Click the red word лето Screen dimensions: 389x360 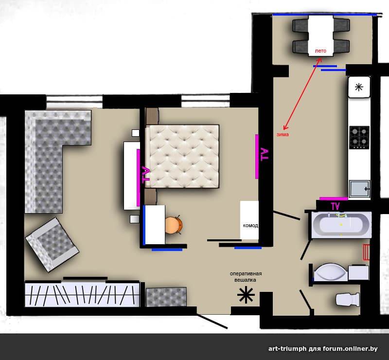click(320, 51)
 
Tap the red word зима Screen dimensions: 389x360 click(283, 135)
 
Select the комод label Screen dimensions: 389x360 click(250, 225)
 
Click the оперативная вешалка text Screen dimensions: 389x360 click(246, 277)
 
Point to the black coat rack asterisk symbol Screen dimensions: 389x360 click(246, 295)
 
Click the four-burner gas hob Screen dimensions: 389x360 click(359, 138)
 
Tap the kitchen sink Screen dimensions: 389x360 click(359, 189)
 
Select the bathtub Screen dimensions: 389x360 click(341, 225)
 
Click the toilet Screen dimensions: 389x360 click(348, 299)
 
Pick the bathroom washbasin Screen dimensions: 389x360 click(330, 272)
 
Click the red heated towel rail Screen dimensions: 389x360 click(367, 252)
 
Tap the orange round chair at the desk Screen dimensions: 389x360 click(174, 225)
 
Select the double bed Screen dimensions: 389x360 click(182, 156)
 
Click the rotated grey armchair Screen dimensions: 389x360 click(52, 245)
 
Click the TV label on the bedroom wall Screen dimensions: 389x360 click(264, 154)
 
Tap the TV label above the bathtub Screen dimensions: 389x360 click(335, 206)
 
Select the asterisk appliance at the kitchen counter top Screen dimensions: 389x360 click(359, 87)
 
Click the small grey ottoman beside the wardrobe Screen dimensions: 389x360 click(166, 297)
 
